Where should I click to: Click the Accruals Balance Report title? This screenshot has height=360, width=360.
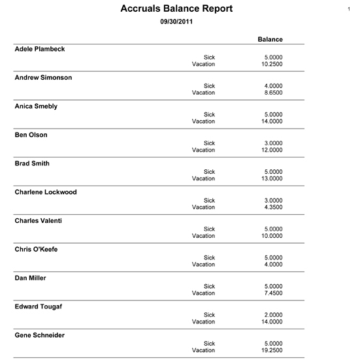click(x=176, y=9)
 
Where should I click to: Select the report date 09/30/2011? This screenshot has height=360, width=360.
click(x=176, y=22)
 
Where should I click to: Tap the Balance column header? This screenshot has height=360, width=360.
click(x=270, y=39)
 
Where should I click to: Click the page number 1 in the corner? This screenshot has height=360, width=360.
click(x=351, y=8)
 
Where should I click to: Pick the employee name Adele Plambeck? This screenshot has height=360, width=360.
click(x=40, y=49)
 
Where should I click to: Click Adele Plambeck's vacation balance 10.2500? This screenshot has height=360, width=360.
click(x=270, y=64)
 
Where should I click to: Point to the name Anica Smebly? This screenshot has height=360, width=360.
click(x=36, y=106)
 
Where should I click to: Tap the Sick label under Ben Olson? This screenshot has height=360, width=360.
click(x=209, y=142)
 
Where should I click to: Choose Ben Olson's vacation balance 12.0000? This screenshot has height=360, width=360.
click(x=270, y=150)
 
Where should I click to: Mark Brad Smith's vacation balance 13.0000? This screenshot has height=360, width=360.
click(x=270, y=178)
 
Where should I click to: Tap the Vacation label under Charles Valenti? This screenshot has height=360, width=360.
click(x=203, y=236)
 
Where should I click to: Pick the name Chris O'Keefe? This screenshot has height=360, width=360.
click(x=37, y=249)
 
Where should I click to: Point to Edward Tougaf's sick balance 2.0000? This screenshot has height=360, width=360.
click(x=272, y=314)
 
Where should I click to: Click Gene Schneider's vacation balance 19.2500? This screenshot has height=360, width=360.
click(x=270, y=350)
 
